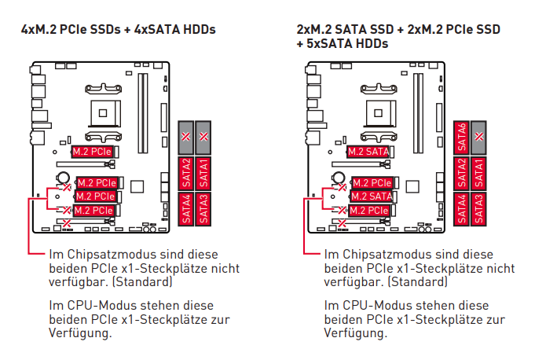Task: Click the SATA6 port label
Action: tap(461, 137)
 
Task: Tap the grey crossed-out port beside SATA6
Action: tap(479, 137)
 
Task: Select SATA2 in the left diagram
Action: tap(186, 173)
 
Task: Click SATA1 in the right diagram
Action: tap(479, 173)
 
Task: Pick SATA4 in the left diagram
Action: tap(186, 210)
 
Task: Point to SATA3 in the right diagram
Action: tap(479, 210)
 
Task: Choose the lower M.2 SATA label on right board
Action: tap(371, 196)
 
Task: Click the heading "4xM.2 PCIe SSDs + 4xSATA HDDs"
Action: tap(118, 30)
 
